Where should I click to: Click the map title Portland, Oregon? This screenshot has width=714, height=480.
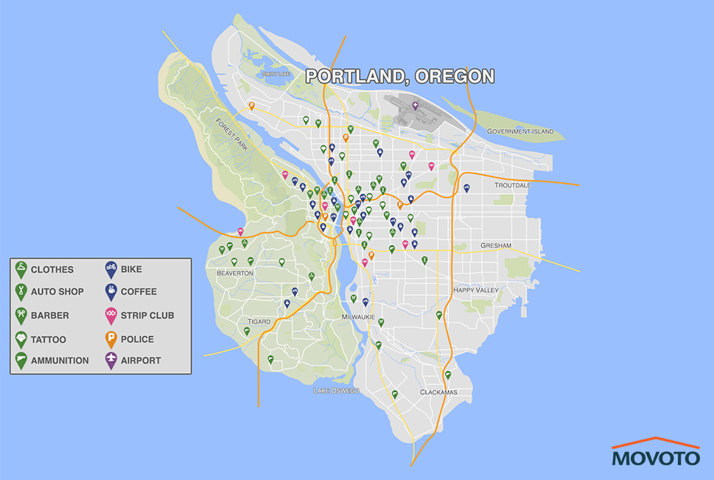399,76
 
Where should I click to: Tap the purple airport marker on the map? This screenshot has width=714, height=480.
415,106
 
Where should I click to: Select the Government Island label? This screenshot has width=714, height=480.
519,131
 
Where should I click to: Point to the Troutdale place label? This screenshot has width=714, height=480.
512,185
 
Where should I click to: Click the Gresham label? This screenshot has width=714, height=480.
495,245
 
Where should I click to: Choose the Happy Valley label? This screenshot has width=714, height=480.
475,291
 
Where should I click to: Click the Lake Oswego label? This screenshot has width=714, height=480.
335,390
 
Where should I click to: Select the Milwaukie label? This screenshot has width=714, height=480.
359,316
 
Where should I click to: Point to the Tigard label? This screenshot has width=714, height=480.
259,321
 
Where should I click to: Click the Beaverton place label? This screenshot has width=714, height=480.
235,273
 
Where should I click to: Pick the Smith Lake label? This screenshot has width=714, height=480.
277,74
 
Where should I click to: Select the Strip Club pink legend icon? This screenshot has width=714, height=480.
111,316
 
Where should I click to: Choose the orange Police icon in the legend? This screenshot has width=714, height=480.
111,339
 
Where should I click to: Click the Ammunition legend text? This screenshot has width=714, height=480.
60,361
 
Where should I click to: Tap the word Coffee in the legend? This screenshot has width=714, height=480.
139,291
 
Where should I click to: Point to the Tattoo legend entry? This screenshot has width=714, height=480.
49,339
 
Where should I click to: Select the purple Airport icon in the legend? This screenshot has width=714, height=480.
111,361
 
